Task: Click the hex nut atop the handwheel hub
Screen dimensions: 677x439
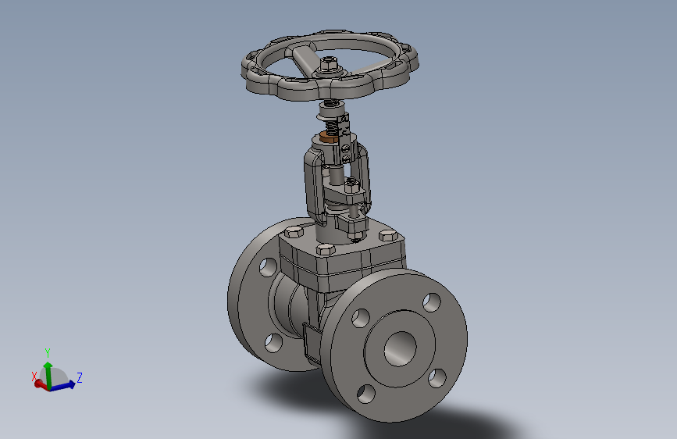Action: click(329, 64)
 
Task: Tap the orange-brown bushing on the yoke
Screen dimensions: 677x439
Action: click(330, 139)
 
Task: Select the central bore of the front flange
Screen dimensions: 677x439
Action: click(401, 348)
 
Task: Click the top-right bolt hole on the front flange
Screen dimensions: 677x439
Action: click(432, 302)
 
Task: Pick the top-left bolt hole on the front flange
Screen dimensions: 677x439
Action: click(361, 318)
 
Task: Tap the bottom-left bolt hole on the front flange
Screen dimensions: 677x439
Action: click(366, 394)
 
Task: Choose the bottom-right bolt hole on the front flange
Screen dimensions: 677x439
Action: click(437, 378)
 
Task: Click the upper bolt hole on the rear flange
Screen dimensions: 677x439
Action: click(268, 267)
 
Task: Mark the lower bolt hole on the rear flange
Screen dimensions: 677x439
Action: click(273, 343)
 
